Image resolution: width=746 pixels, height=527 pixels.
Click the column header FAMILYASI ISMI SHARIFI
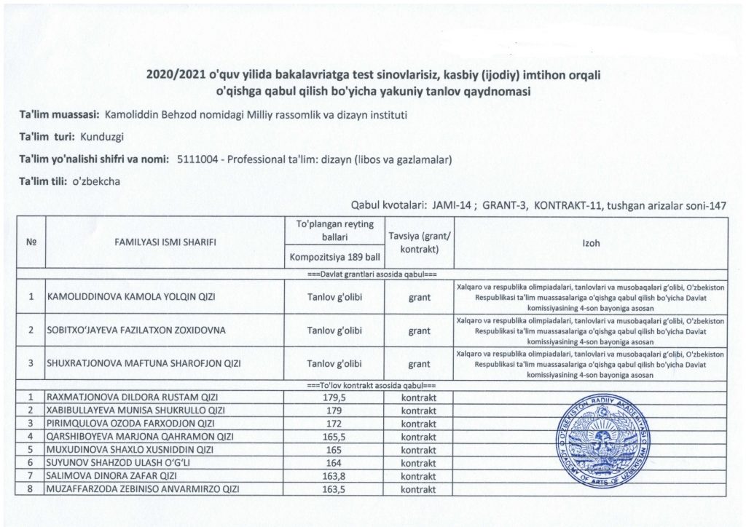click(164, 243)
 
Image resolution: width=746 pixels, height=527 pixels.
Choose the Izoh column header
click(591, 243)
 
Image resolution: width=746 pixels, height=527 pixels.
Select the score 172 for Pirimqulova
click(332, 423)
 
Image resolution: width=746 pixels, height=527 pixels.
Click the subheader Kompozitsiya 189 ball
click(332, 256)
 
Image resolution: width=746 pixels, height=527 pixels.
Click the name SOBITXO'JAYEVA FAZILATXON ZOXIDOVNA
click(136, 330)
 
